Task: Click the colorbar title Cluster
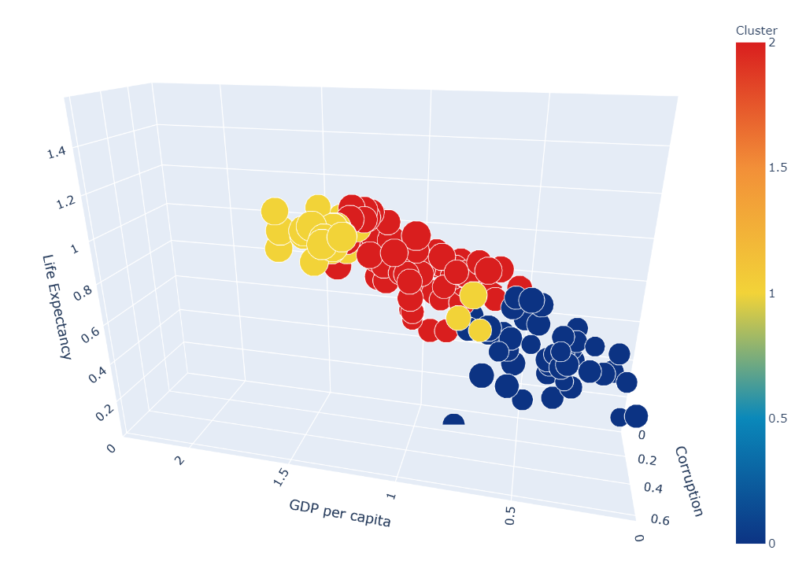(x=756, y=30)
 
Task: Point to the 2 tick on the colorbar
(x=772, y=42)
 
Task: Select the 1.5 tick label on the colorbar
(x=778, y=168)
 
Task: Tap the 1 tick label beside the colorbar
(x=772, y=293)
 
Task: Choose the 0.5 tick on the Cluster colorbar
(x=778, y=418)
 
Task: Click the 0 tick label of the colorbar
(x=772, y=543)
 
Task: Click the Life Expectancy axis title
(x=57, y=307)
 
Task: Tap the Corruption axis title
(x=688, y=482)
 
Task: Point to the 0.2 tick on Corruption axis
(x=647, y=459)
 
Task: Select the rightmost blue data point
(x=635, y=416)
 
